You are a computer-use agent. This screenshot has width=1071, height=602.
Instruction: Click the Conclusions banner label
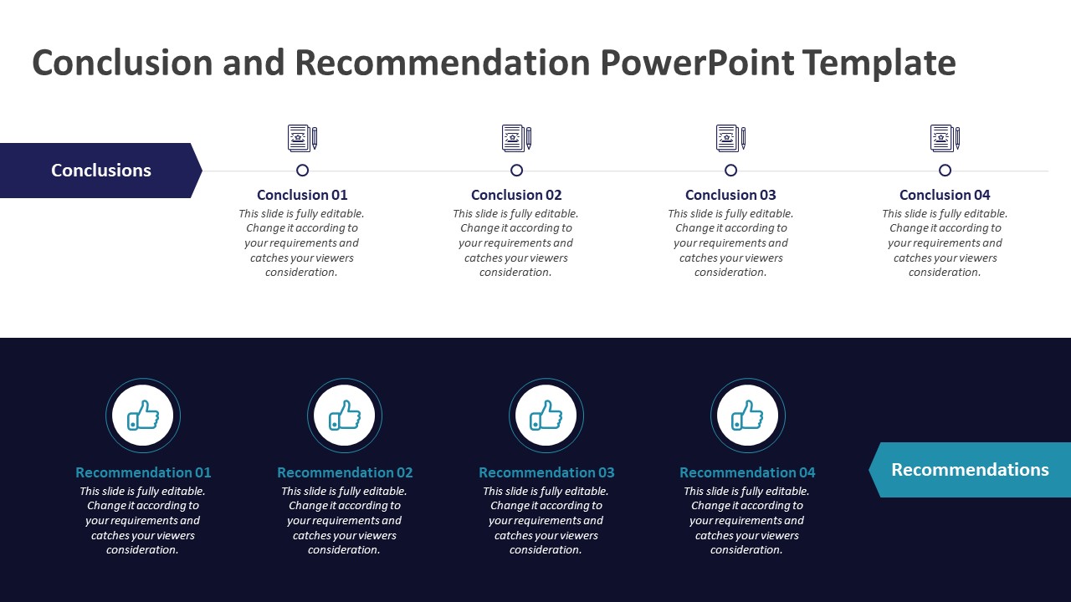tap(101, 171)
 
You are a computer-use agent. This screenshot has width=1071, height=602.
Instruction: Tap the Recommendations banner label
tap(970, 470)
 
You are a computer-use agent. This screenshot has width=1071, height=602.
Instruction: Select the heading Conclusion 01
tap(302, 195)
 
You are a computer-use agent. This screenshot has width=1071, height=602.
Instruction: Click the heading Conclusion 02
tap(516, 195)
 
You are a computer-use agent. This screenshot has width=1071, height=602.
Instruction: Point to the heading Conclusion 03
tap(730, 195)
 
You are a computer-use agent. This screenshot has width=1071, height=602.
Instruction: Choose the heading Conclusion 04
tap(945, 195)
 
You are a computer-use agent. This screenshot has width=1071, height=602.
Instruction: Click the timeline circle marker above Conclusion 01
tap(303, 171)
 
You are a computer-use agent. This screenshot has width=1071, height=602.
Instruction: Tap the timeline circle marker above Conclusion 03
tap(730, 171)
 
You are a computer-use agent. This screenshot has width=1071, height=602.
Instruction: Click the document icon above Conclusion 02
tap(516, 138)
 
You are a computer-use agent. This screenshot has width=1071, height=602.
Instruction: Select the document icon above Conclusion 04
tap(945, 138)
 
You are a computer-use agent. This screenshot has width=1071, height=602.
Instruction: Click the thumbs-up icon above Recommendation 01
tap(143, 416)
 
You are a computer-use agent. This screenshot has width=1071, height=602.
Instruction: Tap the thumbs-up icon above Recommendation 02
tap(345, 416)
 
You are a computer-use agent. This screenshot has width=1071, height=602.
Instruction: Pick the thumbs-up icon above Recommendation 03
tap(546, 416)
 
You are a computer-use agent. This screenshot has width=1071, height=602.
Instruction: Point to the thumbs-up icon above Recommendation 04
tap(748, 416)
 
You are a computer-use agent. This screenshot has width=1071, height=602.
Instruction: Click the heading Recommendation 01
tap(143, 472)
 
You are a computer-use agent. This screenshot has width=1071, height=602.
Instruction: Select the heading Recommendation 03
tap(546, 472)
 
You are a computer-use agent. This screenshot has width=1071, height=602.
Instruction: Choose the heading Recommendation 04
tap(747, 472)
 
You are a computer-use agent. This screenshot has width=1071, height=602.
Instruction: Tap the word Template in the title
tap(879, 64)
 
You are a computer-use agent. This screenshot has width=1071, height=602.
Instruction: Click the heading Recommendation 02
tap(345, 472)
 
